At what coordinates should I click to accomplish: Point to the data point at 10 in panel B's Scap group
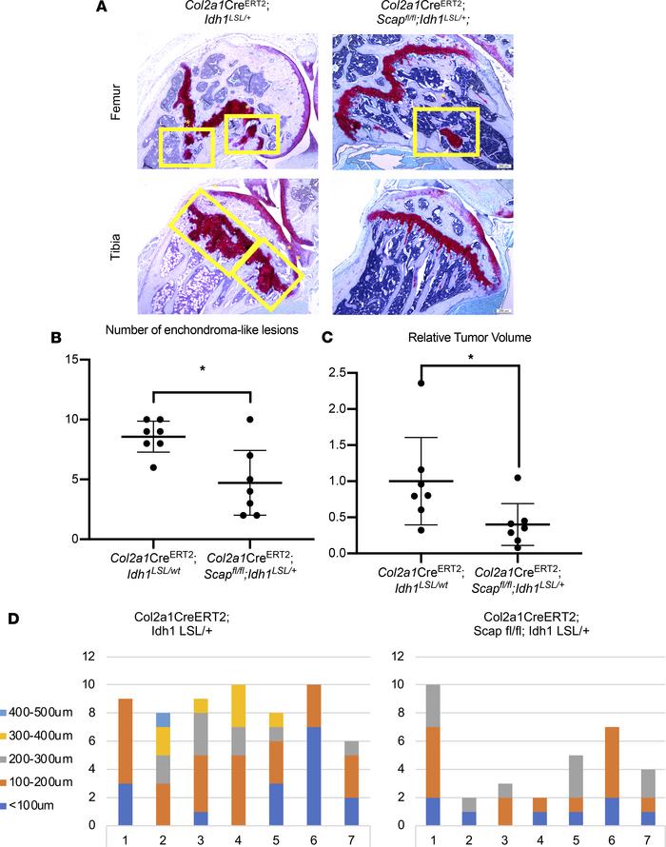(249, 419)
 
